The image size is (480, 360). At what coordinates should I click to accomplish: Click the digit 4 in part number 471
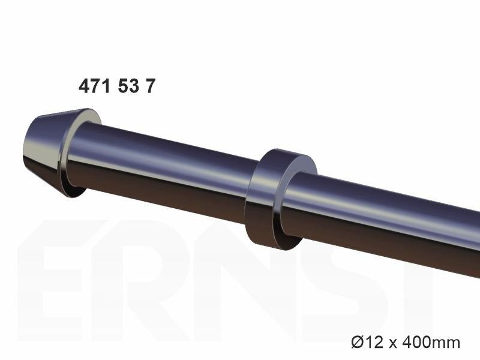tap(83, 86)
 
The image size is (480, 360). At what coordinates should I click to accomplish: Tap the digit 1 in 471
tap(105, 86)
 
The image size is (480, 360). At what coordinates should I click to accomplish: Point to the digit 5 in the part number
tap(122, 86)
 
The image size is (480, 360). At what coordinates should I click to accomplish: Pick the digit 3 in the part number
tap(133, 86)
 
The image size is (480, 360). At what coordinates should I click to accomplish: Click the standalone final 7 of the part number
tap(151, 86)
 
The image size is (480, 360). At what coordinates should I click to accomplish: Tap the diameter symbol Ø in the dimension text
tap(358, 342)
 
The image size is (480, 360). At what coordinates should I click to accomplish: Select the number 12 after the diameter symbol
tap(374, 342)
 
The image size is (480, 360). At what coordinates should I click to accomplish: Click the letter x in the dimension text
tap(392, 344)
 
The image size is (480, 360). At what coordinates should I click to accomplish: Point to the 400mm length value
tap(431, 342)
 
